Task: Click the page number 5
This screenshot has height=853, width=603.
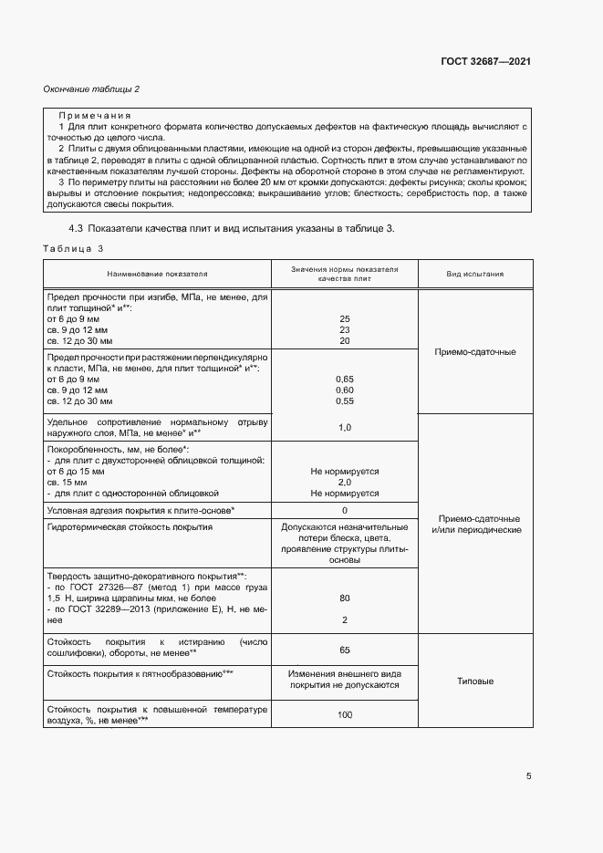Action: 529,777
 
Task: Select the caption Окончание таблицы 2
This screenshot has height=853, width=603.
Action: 91,88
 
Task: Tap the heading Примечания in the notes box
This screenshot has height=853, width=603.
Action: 95,117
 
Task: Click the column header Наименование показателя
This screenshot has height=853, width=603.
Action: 157,273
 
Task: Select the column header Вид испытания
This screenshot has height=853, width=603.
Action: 475,273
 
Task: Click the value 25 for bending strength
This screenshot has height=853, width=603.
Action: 345,318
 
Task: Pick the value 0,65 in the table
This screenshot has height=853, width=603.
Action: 345,378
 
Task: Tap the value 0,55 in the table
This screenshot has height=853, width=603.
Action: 345,400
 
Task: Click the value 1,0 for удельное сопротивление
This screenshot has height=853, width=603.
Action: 345,427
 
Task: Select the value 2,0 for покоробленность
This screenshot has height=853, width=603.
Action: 345,483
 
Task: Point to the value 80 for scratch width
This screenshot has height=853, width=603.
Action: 345,598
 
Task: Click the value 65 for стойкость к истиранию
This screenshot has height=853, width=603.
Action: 345,650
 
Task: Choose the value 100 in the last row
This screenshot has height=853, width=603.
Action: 345,714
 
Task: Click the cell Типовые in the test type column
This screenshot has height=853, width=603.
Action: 475,681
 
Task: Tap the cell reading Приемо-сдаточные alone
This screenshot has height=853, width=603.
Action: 475,351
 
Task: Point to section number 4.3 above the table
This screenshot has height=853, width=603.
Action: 78,227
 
